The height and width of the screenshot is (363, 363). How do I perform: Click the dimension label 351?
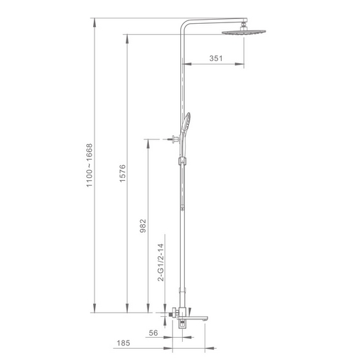[215, 58]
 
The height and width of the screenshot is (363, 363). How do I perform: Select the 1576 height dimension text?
[122, 173]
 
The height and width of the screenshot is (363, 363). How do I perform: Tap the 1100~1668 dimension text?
[89, 165]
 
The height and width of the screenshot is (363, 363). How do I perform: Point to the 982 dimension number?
[143, 226]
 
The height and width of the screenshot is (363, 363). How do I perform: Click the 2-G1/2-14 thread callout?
[160, 262]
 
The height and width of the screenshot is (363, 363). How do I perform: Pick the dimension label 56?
[153, 333]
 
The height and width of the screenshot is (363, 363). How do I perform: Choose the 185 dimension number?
[124, 343]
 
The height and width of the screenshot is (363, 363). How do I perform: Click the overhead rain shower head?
[244, 32]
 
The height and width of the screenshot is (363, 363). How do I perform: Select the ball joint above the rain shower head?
[244, 26]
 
